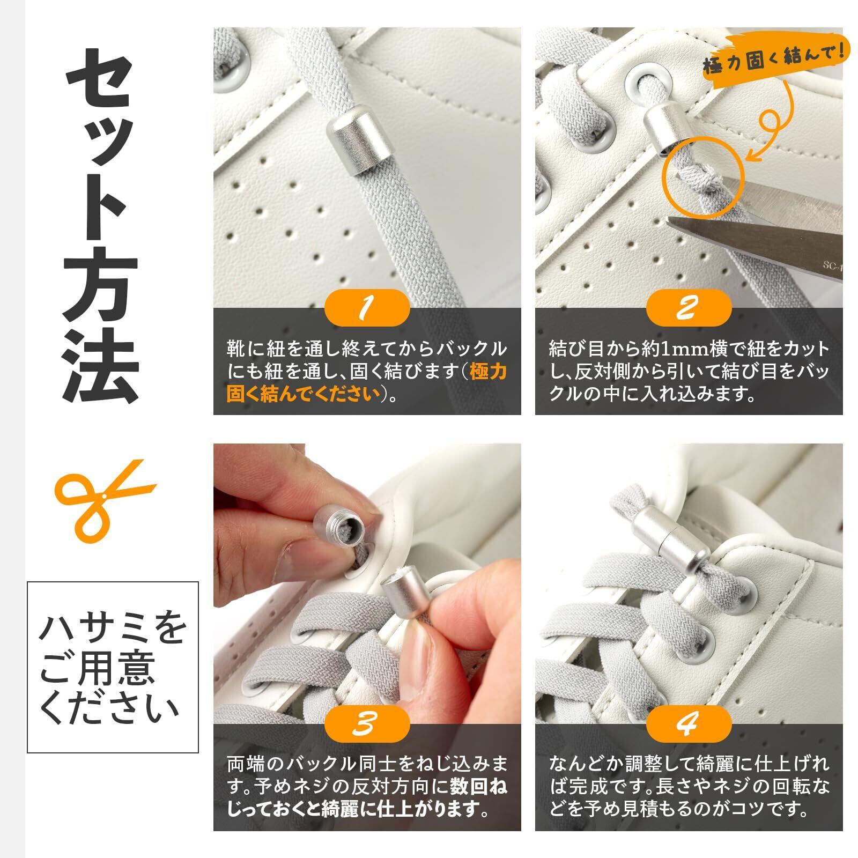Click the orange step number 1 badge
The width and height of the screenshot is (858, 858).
click(367, 307)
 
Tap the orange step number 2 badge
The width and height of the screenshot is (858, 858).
click(689, 307)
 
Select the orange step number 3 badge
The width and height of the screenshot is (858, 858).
click(367, 723)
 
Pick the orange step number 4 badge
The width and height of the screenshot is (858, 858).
click(689, 723)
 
